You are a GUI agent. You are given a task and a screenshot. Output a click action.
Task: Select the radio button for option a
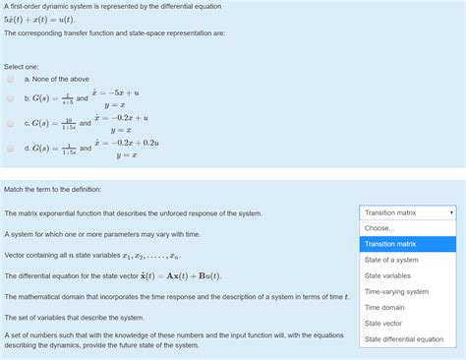pos(10,80)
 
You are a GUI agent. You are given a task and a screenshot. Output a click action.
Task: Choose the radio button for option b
pos(10,99)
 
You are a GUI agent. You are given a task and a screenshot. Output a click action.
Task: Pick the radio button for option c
pos(10,124)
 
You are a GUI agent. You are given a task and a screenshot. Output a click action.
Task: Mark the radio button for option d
pos(10,149)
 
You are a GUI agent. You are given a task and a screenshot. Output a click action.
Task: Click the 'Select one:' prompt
pos(21,65)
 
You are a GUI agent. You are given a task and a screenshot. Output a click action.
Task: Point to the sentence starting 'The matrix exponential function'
pos(133,212)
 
